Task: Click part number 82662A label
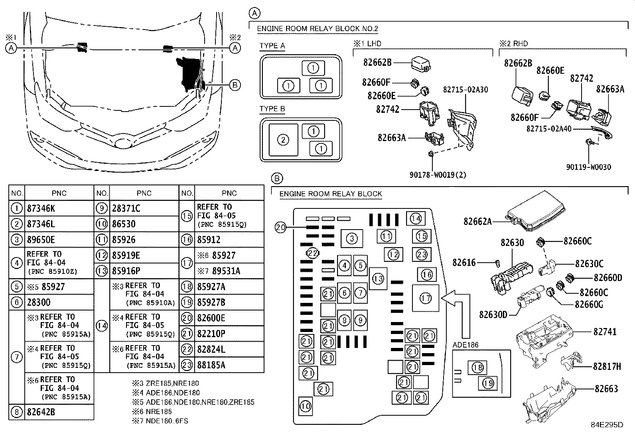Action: click(477, 221)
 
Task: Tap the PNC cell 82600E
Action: click(211, 318)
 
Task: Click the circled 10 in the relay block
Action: click(306, 406)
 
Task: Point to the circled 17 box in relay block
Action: click(426, 298)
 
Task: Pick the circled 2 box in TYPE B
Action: click(283, 140)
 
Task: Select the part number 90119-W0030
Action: click(588, 167)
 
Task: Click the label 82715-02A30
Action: click(465, 90)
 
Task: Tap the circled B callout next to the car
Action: click(235, 84)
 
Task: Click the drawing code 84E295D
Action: click(607, 425)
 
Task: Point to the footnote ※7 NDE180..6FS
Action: click(160, 420)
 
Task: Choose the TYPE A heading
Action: click(272, 46)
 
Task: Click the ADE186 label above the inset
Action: click(465, 345)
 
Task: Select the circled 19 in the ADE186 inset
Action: click(488, 383)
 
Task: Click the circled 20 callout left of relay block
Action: click(281, 228)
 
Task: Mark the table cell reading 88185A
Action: click(211, 365)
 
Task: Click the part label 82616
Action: click(464, 262)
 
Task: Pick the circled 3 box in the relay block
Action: click(351, 238)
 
